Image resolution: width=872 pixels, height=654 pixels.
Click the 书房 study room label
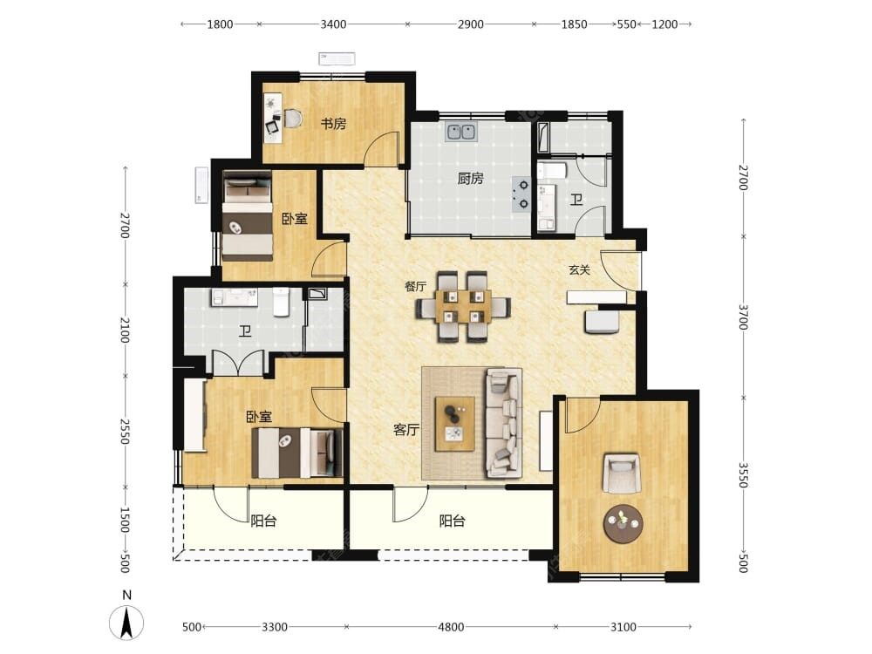click(x=333, y=124)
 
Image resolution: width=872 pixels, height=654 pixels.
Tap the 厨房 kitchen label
click(x=471, y=179)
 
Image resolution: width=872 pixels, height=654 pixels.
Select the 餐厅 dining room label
click(x=415, y=286)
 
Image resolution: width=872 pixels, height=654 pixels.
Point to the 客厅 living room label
click(x=406, y=429)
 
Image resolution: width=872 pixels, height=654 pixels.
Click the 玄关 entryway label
click(x=579, y=269)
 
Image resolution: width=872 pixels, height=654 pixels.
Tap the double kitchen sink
click(x=461, y=133)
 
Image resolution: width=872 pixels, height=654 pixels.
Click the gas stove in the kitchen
click(x=522, y=194)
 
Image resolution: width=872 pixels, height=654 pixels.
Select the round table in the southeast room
click(x=623, y=524)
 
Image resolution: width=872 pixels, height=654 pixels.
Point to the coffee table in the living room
click(x=455, y=424)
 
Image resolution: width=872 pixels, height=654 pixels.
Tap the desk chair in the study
click(x=294, y=119)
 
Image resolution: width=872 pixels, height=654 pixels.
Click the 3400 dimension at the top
click(x=333, y=24)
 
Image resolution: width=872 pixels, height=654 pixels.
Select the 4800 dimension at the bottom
click(x=451, y=627)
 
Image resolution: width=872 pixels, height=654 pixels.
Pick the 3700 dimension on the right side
click(x=743, y=317)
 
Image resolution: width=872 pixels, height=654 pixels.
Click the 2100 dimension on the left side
click(x=125, y=330)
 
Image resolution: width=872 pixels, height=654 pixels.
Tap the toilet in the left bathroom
click(x=282, y=301)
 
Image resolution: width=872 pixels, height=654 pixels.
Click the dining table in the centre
click(x=463, y=306)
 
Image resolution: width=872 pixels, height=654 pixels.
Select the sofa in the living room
click(x=504, y=423)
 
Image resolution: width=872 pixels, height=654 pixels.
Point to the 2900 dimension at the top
click(x=471, y=24)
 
